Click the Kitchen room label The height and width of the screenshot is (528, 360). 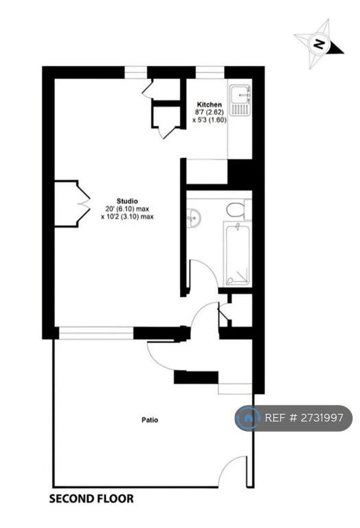pyautogui.click(x=210, y=104)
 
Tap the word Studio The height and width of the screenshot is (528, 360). pyautogui.click(x=127, y=201)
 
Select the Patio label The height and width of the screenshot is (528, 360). pyautogui.click(x=150, y=420)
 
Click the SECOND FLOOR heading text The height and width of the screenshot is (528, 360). pyautogui.click(x=91, y=498)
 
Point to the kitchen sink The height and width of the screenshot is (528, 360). pyautogui.click(x=240, y=100)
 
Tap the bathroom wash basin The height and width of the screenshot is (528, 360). pyautogui.click(x=194, y=217)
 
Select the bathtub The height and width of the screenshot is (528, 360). pyautogui.click(x=238, y=255)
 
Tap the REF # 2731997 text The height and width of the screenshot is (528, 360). pyautogui.click(x=304, y=418)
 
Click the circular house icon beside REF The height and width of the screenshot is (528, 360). pyautogui.click(x=249, y=418)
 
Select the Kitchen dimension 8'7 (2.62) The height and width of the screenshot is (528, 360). pyautogui.click(x=210, y=112)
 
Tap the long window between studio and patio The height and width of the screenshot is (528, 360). pyautogui.click(x=96, y=333)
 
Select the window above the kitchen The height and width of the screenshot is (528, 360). pyautogui.click(x=210, y=72)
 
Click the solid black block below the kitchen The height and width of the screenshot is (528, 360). pyautogui.click(x=240, y=172)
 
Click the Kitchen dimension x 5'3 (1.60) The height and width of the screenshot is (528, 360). pyautogui.click(x=210, y=120)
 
